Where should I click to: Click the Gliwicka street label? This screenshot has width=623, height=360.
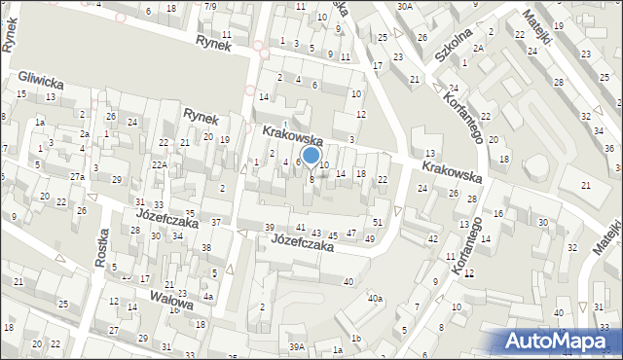(41, 79)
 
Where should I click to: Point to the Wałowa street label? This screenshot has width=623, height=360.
(171, 294)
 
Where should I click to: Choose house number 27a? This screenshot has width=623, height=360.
(76, 176)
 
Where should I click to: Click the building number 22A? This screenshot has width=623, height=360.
(158, 165)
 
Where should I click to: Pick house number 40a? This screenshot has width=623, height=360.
(374, 299)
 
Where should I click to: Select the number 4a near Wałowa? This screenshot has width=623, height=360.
(208, 297)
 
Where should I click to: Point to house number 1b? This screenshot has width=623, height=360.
(356, 338)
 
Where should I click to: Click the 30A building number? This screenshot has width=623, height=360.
(405, 6)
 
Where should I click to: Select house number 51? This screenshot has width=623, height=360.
(378, 224)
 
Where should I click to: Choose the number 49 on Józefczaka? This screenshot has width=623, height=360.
(369, 238)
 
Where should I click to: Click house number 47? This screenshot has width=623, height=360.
(350, 234)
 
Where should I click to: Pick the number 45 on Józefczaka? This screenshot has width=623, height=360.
(334, 234)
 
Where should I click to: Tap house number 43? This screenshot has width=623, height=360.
(316, 233)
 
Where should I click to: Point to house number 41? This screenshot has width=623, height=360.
(301, 227)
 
